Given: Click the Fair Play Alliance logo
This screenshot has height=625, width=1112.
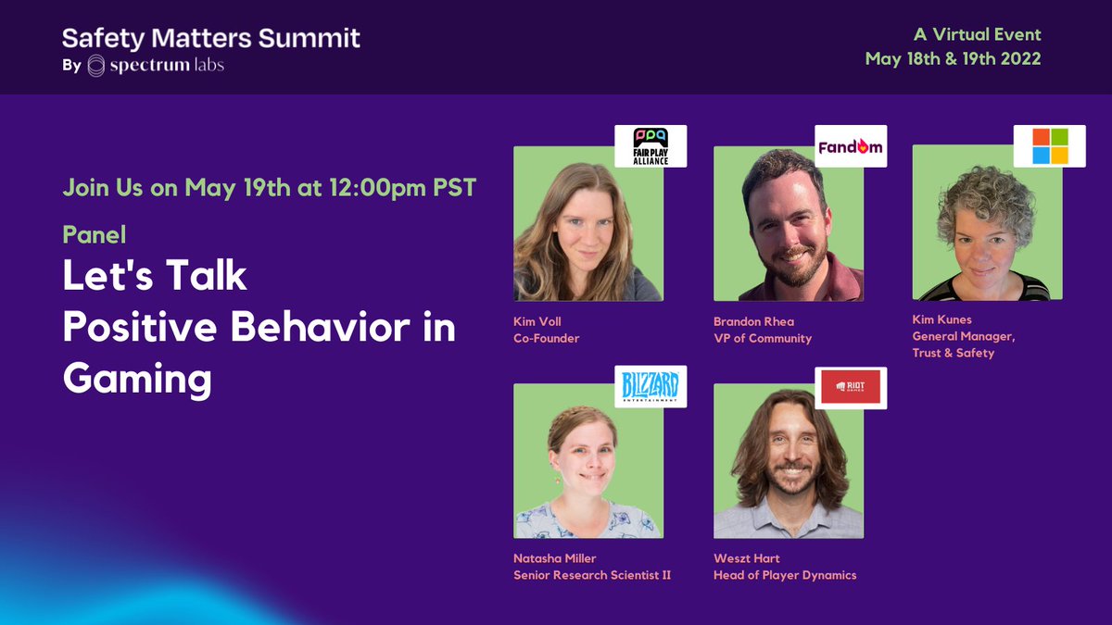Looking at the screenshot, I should [x=651, y=145].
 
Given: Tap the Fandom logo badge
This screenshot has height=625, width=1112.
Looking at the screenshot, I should [x=851, y=146].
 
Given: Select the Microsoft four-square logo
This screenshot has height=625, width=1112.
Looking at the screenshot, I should [x=1049, y=146].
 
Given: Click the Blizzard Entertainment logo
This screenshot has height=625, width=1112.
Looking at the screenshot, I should [x=651, y=386].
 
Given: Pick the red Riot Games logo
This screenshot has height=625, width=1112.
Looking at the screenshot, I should [x=851, y=387].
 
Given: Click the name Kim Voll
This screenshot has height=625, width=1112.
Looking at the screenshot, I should [x=537, y=322].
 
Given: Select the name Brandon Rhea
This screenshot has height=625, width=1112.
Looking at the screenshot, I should [x=753, y=322].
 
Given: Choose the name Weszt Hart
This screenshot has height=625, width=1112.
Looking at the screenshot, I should [x=747, y=559].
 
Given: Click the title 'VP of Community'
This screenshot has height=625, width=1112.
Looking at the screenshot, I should [x=762, y=338].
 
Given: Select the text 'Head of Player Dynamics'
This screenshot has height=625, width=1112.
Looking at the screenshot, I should [x=784, y=575].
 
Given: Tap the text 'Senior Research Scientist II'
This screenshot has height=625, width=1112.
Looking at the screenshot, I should [x=592, y=575].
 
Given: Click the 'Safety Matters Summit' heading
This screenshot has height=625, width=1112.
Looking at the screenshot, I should [x=211, y=39].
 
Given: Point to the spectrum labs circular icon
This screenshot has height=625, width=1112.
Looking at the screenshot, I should [x=96, y=66].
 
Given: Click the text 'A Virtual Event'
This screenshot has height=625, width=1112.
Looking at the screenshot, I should [x=977, y=35].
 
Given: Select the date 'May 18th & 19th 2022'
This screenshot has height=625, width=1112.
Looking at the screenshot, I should [x=953, y=58].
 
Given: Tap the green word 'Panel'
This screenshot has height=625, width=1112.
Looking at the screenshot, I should [x=94, y=234].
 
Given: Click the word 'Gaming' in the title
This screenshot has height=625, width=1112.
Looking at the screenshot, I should [x=137, y=379].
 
